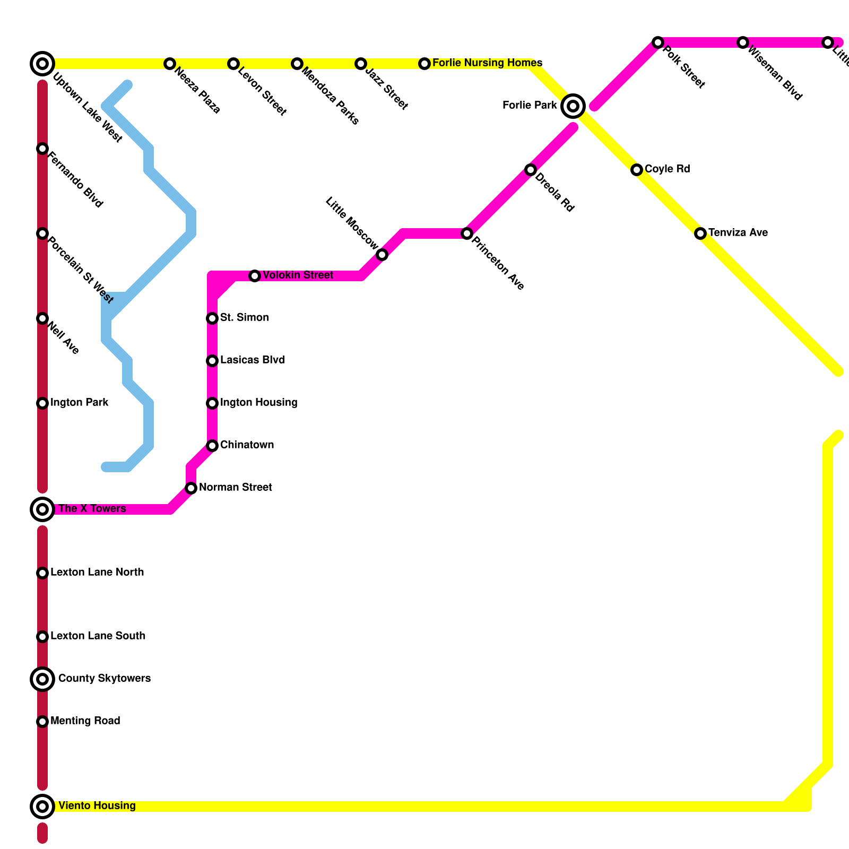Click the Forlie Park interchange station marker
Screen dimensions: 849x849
(573, 106)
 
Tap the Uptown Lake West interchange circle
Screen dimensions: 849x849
(42, 64)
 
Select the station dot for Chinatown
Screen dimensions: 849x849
(212, 446)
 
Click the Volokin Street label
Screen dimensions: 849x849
(298, 275)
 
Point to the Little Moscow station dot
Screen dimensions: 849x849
(382, 255)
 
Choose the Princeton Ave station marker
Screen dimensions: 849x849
(467, 233)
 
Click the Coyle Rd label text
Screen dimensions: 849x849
(667, 169)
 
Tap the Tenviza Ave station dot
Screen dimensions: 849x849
(700, 233)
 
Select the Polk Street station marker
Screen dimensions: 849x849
(658, 42)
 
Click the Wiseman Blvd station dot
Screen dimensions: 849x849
(743, 42)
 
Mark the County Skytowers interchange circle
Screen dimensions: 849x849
(42, 679)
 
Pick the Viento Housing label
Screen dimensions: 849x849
(97, 806)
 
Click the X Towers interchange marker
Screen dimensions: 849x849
(42, 509)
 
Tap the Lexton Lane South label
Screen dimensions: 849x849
(98, 636)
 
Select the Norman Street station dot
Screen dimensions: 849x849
(191, 488)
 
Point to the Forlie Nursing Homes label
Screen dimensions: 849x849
(487, 63)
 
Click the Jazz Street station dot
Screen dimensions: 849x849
(361, 64)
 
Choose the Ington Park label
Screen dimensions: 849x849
(79, 403)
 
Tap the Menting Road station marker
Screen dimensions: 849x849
(42, 722)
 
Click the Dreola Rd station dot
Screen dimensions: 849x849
(531, 170)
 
